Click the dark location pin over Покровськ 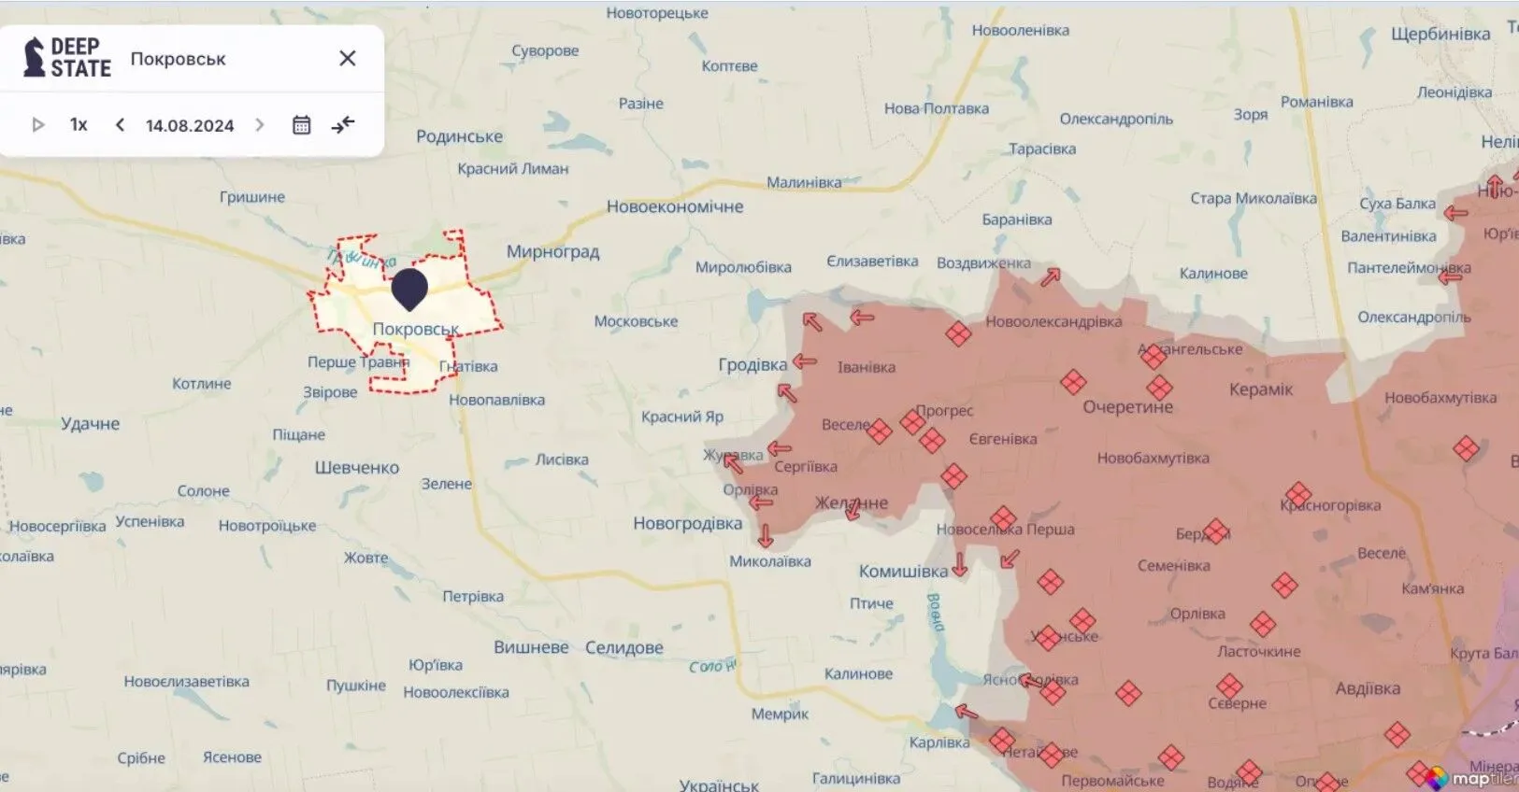[409, 288]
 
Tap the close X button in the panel [348, 59]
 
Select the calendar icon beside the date [301, 125]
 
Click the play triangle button [38, 125]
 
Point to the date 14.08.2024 [190, 126]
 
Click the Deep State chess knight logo [35, 57]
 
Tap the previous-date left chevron [120, 125]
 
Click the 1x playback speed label [79, 125]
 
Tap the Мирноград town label [552, 252]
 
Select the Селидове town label [623, 648]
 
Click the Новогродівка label [687, 524]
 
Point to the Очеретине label [1127, 407]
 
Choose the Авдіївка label [1368, 689]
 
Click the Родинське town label [459, 137]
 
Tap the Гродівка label [752, 365]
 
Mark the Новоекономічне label [675, 207]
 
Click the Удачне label [91, 424]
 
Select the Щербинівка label [1440, 35]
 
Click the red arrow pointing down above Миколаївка [766, 536]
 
